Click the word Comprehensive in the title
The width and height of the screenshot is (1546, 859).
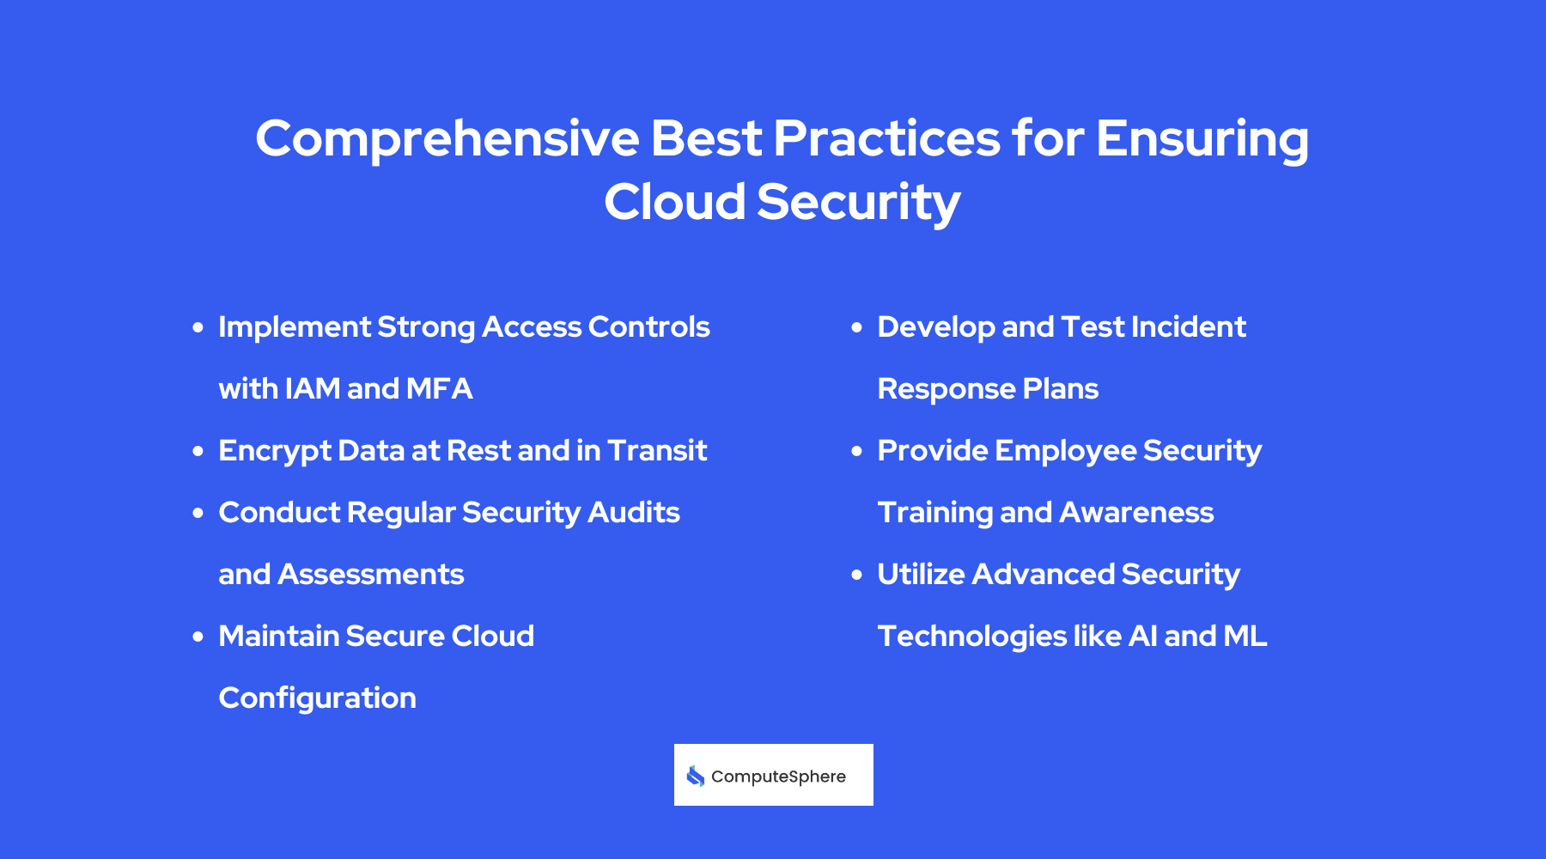(447, 139)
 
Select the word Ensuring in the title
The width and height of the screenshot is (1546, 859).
(1202, 139)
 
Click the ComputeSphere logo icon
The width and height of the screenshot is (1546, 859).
(696, 777)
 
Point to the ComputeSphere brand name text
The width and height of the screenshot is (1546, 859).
(778, 777)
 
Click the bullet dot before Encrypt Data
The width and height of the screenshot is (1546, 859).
(198, 451)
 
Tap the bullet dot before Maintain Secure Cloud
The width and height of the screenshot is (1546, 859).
(198, 637)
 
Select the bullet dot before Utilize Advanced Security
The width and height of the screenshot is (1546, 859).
(856, 575)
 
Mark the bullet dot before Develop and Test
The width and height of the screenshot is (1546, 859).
(856, 327)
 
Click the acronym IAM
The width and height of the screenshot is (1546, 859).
(313, 389)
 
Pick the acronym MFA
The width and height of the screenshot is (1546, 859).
(439, 389)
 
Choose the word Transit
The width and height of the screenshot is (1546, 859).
(656, 451)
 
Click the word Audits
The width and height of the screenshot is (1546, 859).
(634, 513)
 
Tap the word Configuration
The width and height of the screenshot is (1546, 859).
(317, 698)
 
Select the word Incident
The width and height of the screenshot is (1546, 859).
(1189, 327)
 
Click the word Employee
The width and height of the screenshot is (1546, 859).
(1066, 451)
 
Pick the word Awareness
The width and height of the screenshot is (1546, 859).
(1136, 513)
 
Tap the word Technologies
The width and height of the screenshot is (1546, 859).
(971, 637)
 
